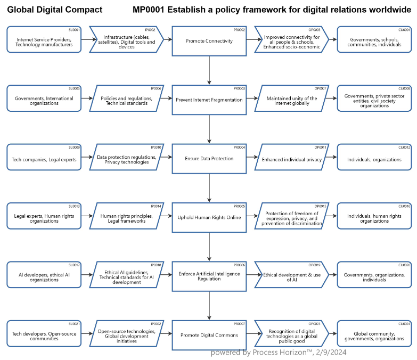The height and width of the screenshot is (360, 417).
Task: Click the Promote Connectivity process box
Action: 209,40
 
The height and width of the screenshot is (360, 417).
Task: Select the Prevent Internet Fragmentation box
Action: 209,99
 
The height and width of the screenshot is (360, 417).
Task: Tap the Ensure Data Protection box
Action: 209,158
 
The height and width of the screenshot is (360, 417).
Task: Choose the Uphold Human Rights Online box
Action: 209,217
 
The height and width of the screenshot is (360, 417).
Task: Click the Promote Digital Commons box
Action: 209,335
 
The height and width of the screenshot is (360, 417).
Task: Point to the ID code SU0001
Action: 74,30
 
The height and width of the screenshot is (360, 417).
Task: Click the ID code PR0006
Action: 239,265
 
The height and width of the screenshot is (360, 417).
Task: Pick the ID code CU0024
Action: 404,324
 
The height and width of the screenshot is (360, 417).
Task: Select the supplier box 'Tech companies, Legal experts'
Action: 44,159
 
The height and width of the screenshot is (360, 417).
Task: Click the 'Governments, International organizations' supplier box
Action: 44,100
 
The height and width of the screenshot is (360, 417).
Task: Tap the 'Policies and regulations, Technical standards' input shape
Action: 126,100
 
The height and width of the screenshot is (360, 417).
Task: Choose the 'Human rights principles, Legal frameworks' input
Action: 126,218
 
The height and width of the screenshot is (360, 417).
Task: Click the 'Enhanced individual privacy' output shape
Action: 291,159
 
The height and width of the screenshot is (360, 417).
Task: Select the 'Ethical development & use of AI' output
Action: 291,276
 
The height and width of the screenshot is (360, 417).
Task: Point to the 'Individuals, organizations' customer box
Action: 374,159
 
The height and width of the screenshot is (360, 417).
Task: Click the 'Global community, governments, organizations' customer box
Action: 374,336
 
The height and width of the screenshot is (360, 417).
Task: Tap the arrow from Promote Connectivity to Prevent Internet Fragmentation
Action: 209,69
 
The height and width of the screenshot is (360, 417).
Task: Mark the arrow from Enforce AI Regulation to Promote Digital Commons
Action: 209,306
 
